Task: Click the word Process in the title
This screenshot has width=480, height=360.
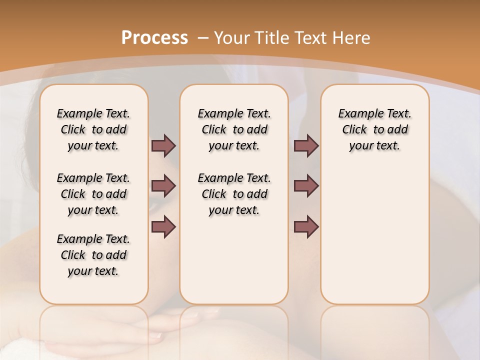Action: click(154, 37)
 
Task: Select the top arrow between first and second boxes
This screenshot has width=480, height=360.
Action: click(163, 145)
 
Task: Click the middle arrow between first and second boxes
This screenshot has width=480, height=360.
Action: click(163, 186)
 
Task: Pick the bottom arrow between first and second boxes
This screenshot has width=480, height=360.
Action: click(163, 227)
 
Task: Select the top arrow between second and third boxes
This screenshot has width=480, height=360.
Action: click(306, 145)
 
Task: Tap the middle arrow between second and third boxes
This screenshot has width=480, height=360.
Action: click(306, 186)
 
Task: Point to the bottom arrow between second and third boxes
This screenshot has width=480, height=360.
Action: click(306, 227)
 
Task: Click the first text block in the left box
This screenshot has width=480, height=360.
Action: click(93, 129)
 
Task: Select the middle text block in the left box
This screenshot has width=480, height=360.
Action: click(93, 194)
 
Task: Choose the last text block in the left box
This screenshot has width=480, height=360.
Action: click(93, 255)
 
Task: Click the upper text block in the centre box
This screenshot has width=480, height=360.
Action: click(234, 129)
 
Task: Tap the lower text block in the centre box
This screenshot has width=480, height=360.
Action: click(234, 194)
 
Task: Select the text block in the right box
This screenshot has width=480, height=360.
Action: click(375, 129)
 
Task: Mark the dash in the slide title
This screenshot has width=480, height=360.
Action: click(203, 38)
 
